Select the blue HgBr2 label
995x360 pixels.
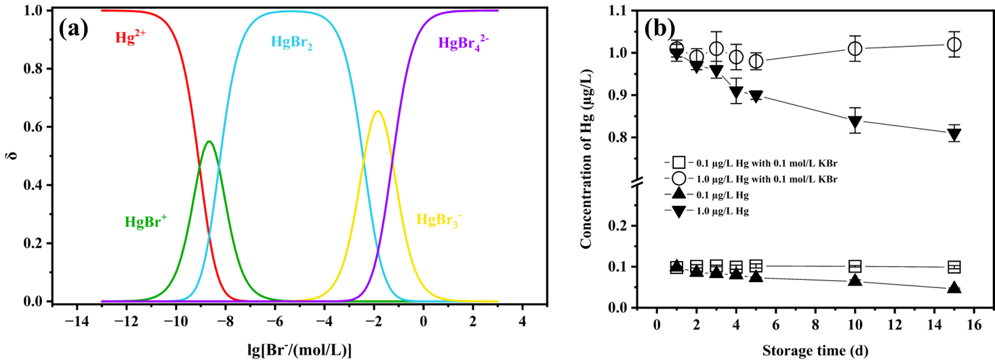291,43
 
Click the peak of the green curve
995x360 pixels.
209,141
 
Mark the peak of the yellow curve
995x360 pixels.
378,111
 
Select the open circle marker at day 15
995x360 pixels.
954,45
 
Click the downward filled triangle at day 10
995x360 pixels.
855,122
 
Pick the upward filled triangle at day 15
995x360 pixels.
954,287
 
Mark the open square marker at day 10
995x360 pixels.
855,266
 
